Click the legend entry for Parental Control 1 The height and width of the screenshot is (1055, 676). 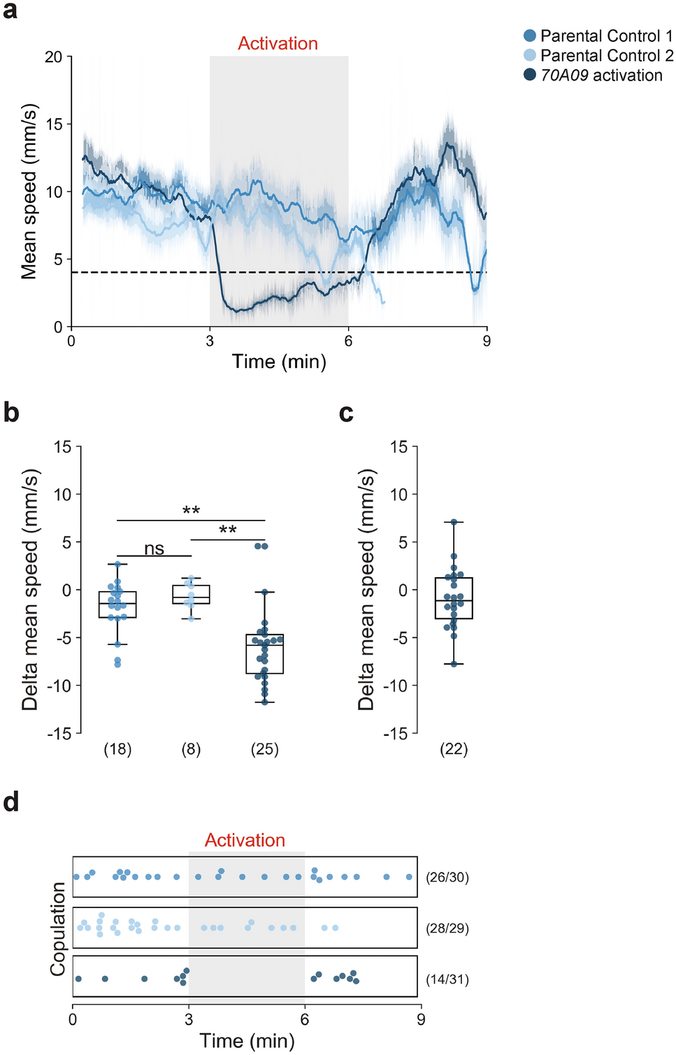click(598, 36)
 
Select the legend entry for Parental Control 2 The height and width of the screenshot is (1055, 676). click(598, 55)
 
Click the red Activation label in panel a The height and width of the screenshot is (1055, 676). click(278, 43)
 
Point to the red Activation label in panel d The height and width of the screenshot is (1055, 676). click(245, 840)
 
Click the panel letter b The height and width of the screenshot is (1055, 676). click(11, 412)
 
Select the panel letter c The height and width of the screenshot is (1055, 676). click(345, 413)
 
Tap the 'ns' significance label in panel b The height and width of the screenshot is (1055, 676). click(154, 548)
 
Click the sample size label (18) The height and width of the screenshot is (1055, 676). click(117, 749)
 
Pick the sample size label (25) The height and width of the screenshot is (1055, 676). click(264, 749)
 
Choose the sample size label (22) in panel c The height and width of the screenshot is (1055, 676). click(454, 749)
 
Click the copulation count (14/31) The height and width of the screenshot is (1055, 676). click(447, 979)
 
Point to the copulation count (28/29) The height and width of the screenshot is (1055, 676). click(447, 928)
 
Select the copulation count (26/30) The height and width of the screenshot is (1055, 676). click(447, 877)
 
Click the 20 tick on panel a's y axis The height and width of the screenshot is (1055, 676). click(53, 57)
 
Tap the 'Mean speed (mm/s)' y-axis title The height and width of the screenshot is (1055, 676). click(29, 192)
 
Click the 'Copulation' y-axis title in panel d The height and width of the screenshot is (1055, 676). click(57, 928)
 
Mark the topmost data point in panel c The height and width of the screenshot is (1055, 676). click(454, 523)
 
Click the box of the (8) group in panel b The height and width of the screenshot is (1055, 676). click(191, 595)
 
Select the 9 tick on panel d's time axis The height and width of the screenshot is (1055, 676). click(421, 1019)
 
